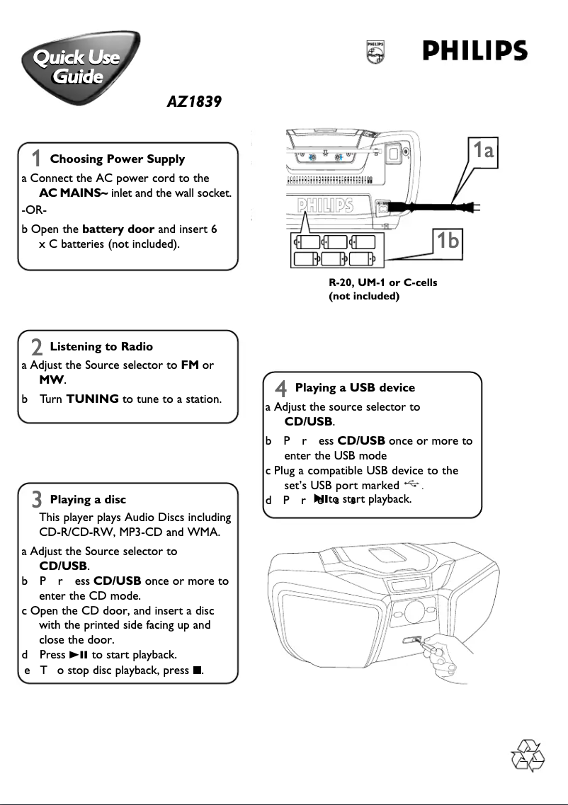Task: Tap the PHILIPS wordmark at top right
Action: click(x=475, y=52)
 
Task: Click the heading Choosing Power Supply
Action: click(x=117, y=159)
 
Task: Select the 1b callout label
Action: click(x=448, y=241)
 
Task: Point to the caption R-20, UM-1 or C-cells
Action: click(x=382, y=282)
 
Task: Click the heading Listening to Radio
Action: click(x=101, y=347)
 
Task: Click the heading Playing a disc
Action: click(x=88, y=500)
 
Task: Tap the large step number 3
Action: click(x=37, y=501)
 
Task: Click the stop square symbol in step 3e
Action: click(x=197, y=670)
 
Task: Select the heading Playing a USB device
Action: click(x=355, y=387)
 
